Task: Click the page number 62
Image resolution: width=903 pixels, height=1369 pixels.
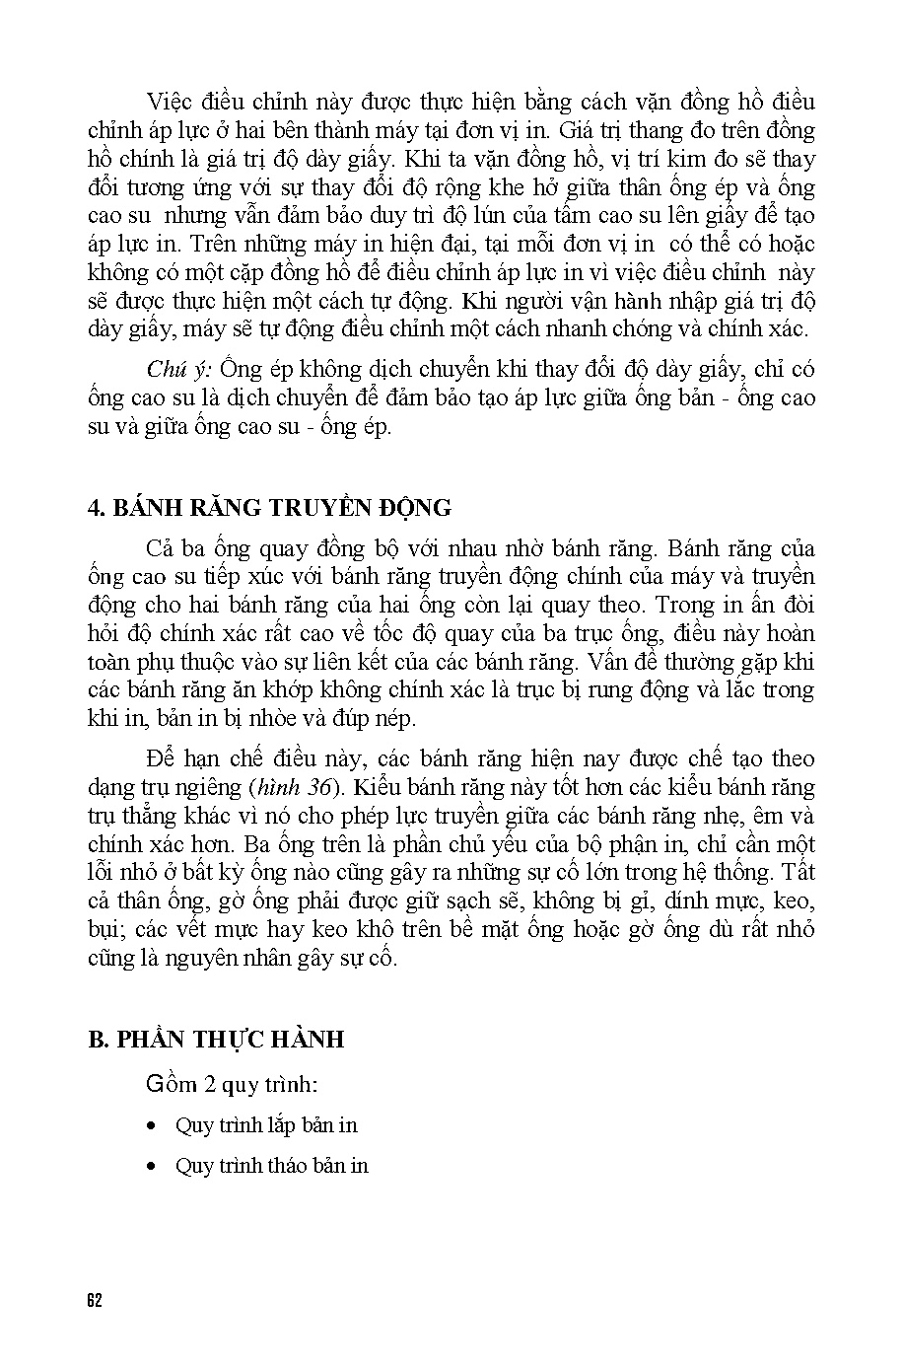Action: pos(95,1299)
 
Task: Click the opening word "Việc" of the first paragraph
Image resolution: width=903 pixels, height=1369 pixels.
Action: pos(170,102)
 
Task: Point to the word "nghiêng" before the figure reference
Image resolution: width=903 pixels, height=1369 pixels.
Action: pos(208,788)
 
